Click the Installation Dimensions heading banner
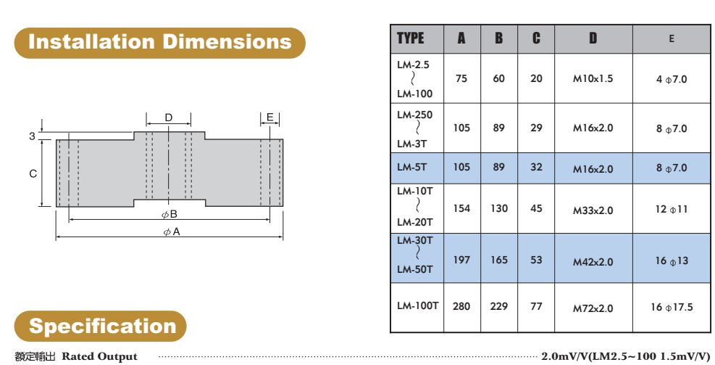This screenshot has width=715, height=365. click(159, 42)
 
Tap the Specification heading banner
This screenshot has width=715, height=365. click(101, 326)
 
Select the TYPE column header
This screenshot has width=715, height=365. click(411, 38)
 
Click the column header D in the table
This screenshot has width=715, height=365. click(593, 38)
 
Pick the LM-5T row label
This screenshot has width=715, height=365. click(412, 168)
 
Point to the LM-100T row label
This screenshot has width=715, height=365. click(417, 306)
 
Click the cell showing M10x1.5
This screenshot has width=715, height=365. click(593, 78)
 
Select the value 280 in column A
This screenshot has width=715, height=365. click(461, 306)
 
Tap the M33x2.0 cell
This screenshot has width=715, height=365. click(593, 210)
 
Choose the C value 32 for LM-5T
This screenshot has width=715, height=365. click(536, 168)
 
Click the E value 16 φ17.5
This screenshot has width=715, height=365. click(672, 307)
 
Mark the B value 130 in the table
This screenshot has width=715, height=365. click(499, 208)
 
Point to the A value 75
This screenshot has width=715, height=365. click(461, 78)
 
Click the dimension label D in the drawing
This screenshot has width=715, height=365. click(169, 118)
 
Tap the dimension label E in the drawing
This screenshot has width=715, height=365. click(270, 118)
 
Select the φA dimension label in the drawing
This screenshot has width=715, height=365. click(172, 232)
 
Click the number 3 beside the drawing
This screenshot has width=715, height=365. click(32, 136)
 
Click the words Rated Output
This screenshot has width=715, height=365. click(99, 356)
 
